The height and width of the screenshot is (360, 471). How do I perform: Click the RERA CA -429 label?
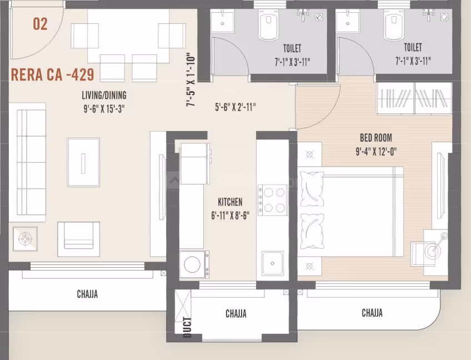pos(53,74)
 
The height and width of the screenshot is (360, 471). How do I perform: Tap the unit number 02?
pos(40,24)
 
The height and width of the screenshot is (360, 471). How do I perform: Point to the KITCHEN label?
pos(229,202)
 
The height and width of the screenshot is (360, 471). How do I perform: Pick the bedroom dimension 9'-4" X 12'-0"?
pos(376,151)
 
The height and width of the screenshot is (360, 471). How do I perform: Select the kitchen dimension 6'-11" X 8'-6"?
pos(229,215)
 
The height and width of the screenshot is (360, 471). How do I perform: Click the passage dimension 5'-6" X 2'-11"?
pos(235,108)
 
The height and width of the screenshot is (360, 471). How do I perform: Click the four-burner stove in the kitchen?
pos(272,199)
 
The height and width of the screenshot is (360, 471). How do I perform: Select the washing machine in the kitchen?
pos(194,264)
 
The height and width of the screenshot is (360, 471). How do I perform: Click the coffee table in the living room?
pos(83,162)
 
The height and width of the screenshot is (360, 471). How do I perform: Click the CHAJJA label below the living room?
pos(87,294)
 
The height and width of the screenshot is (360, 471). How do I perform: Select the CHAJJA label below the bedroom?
pos(372,313)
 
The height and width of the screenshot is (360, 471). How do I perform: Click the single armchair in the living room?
pos(78,235)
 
